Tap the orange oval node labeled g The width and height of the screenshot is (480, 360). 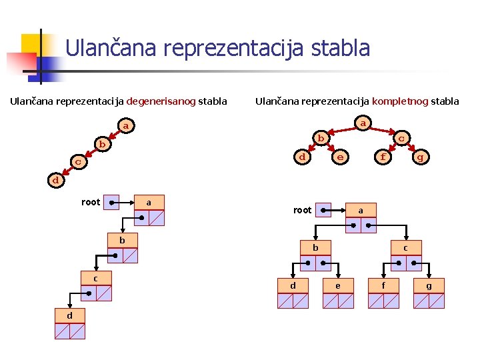pyautogui.click(x=420, y=157)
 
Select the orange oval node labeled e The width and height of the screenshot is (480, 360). pyautogui.click(x=340, y=157)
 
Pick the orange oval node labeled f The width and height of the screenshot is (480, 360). pyautogui.click(x=381, y=157)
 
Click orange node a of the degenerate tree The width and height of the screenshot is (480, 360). pyautogui.click(x=125, y=125)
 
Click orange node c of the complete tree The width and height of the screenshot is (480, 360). pyautogui.click(x=401, y=138)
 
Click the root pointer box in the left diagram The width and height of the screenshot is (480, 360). pyautogui.click(x=113, y=201)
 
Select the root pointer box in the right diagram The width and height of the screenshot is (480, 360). pyautogui.click(x=323, y=210)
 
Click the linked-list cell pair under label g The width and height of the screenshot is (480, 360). pyautogui.click(x=429, y=301)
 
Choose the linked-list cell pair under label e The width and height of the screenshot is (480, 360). pyautogui.click(x=337, y=301)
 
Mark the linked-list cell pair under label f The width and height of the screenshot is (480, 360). pyautogui.click(x=383, y=301)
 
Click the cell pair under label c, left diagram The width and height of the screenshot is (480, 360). pyautogui.click(x=95, y=293)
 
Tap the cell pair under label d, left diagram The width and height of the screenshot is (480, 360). pyautogui.click(x=69, y=331)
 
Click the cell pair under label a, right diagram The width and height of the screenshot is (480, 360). pyautogui.click(x=361, y=226)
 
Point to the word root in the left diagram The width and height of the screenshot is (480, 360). pyautogui.click(x=91, y=202)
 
